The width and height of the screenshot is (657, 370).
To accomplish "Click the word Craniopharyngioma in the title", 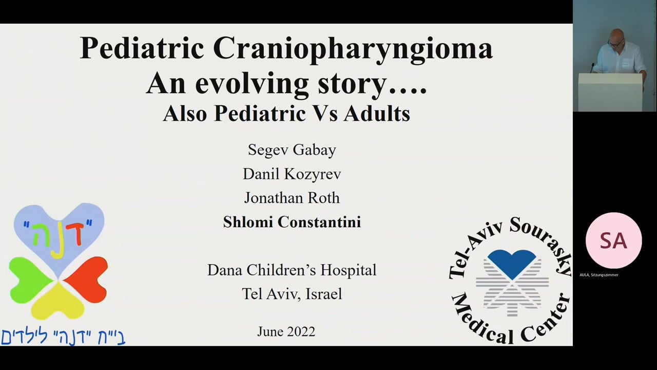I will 353,49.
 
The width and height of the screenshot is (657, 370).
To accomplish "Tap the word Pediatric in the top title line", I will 142,48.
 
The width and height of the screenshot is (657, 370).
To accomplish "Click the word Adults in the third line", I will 377,114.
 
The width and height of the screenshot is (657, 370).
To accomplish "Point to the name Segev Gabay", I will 292,150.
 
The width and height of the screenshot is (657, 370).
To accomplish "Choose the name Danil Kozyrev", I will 292,174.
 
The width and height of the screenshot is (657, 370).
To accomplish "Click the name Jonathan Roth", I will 292,198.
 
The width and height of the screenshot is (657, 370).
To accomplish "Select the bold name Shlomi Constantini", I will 292,222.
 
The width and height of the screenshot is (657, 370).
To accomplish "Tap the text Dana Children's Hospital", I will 292,270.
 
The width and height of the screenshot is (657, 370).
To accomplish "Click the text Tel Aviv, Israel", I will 292,294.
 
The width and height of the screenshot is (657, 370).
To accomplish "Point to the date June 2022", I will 286,331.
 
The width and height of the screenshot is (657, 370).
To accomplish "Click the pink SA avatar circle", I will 613,240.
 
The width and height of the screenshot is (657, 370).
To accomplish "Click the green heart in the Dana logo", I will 30,280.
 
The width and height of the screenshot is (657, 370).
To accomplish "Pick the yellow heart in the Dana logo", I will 57,302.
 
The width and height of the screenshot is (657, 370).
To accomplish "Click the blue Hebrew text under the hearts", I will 63,337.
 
